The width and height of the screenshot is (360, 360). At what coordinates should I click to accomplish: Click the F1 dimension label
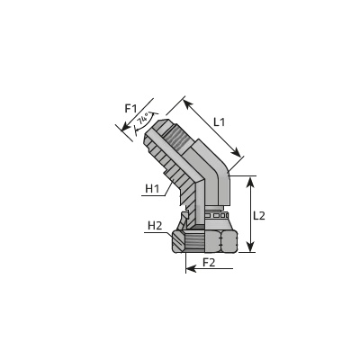point(130,108)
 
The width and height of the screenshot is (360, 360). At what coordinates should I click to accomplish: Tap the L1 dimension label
point(219,122)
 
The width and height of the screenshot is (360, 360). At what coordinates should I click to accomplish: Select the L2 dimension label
point(259,215)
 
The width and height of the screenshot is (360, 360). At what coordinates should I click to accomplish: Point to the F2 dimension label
point(209,263)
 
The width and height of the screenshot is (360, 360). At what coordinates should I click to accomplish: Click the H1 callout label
point(152,189)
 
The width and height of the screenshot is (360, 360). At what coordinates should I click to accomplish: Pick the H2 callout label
point(155,226)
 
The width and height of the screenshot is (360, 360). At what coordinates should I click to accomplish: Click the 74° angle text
point(143,119)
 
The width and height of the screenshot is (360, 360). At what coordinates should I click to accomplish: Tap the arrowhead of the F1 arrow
point(125,127)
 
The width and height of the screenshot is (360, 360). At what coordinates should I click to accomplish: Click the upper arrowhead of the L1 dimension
point(187,103)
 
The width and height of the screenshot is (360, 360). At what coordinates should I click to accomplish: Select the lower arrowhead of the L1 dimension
point(237,152)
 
